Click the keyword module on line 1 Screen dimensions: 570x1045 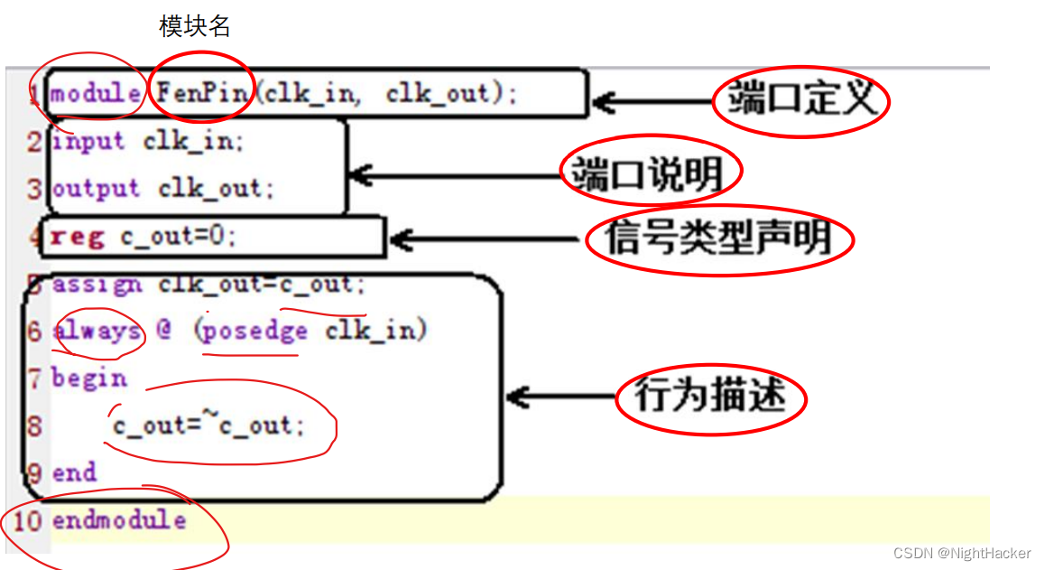pyautogui.click(x=95, y=93)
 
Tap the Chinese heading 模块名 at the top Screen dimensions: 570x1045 pyautogui.click(x=195, y=27)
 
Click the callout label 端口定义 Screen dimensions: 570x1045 pyautogui.click(x=801, y=100)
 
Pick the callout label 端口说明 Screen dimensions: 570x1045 pyautogui.click(x=650, y=172)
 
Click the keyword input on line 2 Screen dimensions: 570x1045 pyautogui.click(x=88, y=142)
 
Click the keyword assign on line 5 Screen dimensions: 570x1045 pyautogui.click(x=97, y=284)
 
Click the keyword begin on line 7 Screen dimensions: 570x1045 pyautogui.click(x=88, y=378)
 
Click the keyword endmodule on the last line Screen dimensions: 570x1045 pyautogui.click(x=119, y=520)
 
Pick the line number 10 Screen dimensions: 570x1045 pyautogui.click(x=27, y=521)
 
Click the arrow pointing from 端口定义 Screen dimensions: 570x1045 pyautogui.click(x=650, y=102)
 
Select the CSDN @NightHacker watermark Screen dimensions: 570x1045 pyautogui.click(x=962, y=553)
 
